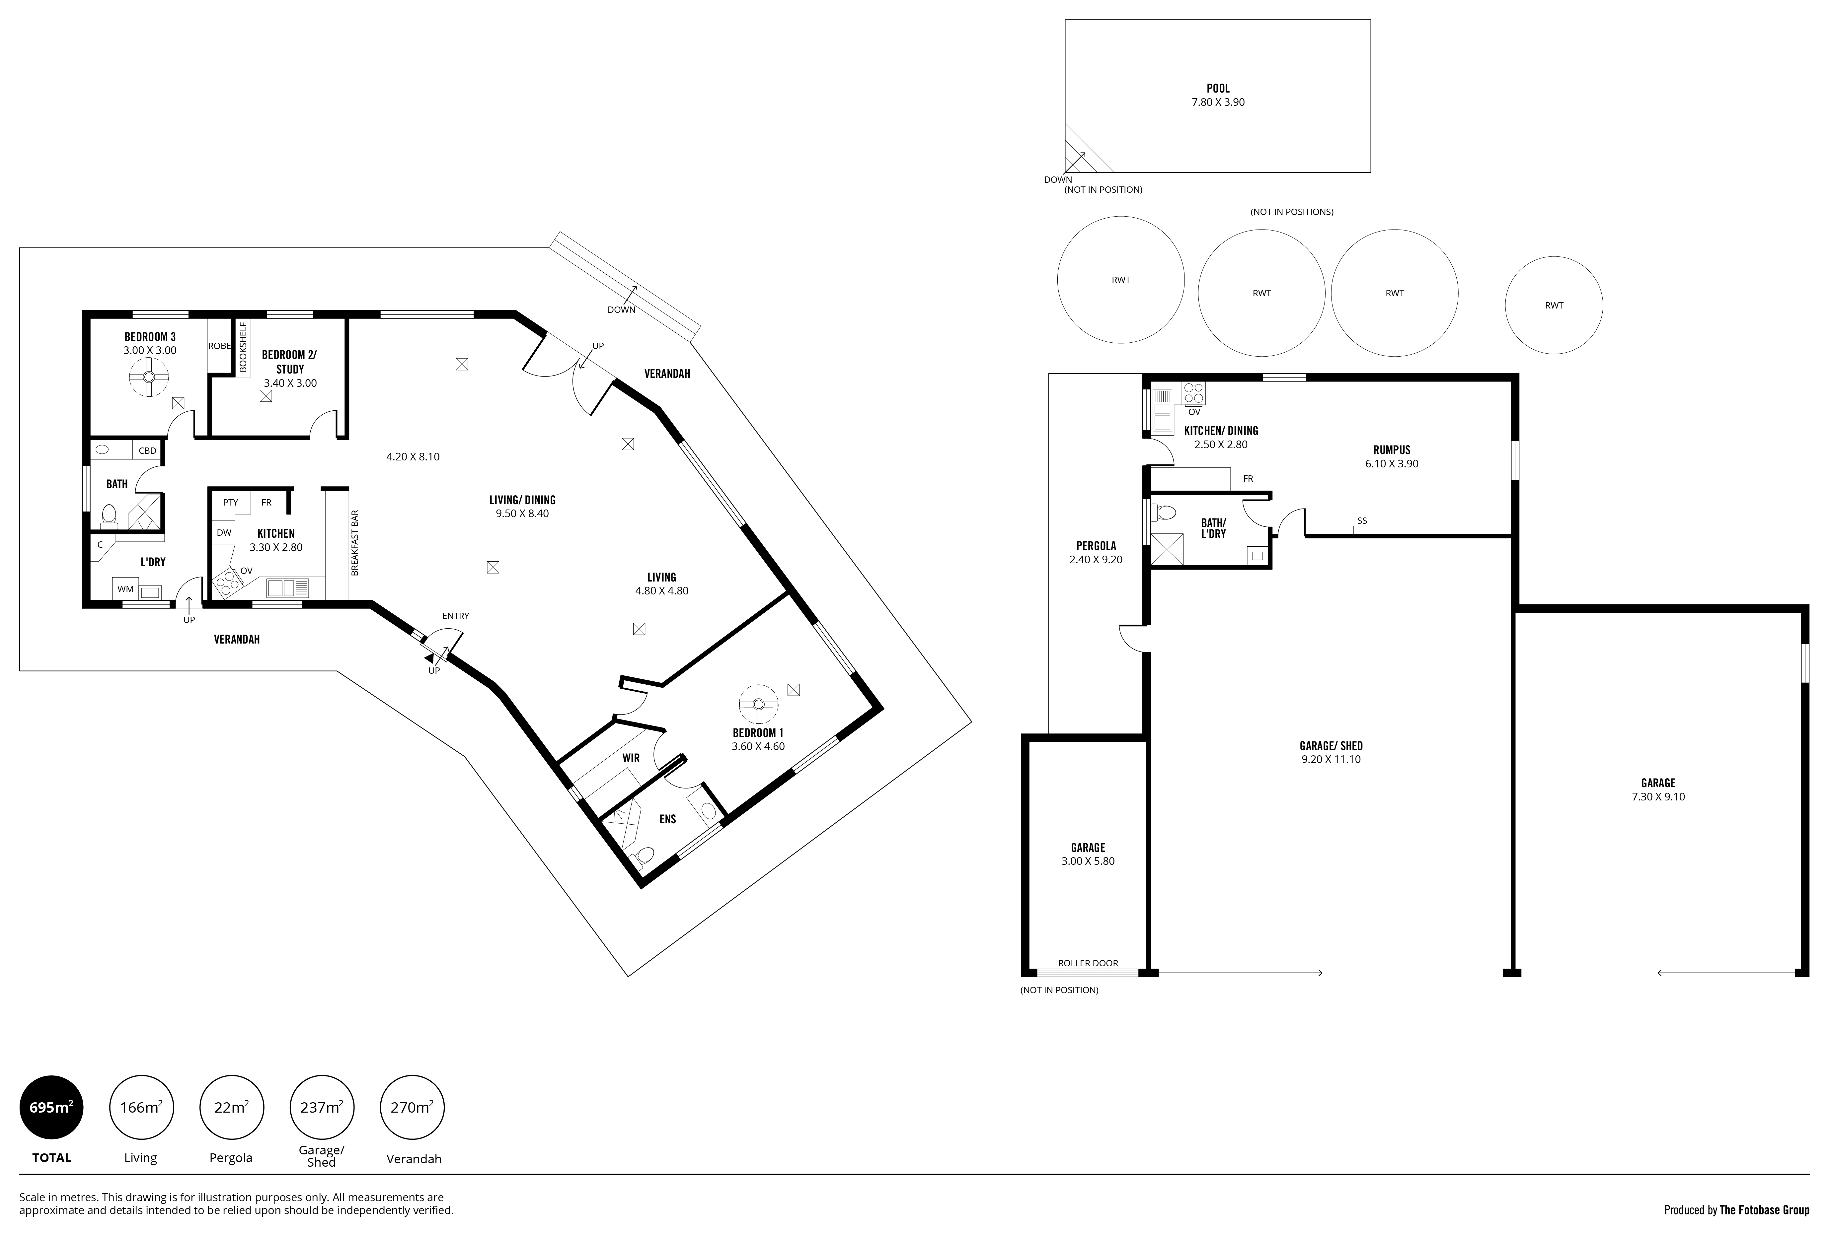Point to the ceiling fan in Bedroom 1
pyautogui.click(x=759, y=705)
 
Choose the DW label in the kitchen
pyautogui.click(x=224, y=533)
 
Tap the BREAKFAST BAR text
pyautogui.click(x=355, y=543)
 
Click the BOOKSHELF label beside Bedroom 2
pyautogui.click(x=243, y=346)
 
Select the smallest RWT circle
pyautogui.click(x=1554, y=305)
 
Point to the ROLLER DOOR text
pyautogui.click(x=1088, y=963)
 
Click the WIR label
pyautogui.click(x=631, y=758)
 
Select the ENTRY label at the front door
pyautogui.click(x=456, y=616)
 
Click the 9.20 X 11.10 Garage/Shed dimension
pyautogui.click(x=1331, y=759)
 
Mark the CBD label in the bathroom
pyautogui.click(x=147, y=451)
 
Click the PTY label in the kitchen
pyautogui.click(x=231, y=502)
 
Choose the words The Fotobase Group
pyautogui.click(x=1765, y=1210)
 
